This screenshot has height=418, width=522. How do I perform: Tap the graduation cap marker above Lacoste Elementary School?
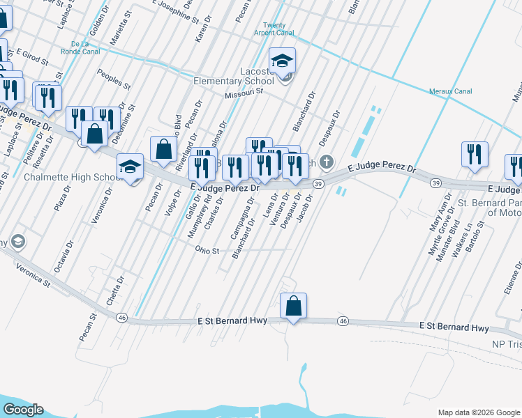pyautogui.click(x=283, y=61)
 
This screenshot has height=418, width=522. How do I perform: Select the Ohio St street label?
pyautogui.click(x=207, y=249)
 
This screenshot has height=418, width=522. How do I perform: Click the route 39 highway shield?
pyautogui.click(x=318, y=183)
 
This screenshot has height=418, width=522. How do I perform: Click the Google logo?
pyautogui.click(x=22, y=410)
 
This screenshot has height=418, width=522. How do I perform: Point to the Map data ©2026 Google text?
pyautogui.click(x=477, y=412)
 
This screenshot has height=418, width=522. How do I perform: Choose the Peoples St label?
pyautogui.click(x=114, y=79)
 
